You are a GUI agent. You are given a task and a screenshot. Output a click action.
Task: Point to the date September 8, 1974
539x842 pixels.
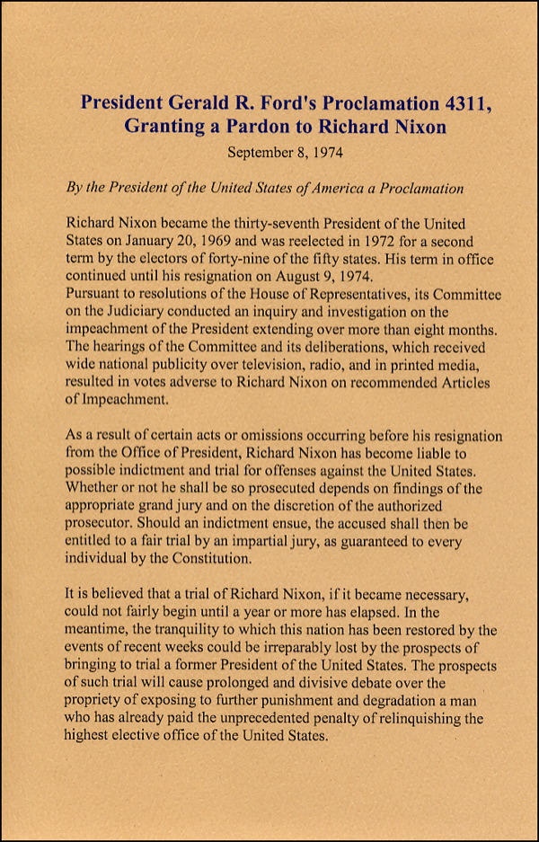[x=285, y=153]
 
